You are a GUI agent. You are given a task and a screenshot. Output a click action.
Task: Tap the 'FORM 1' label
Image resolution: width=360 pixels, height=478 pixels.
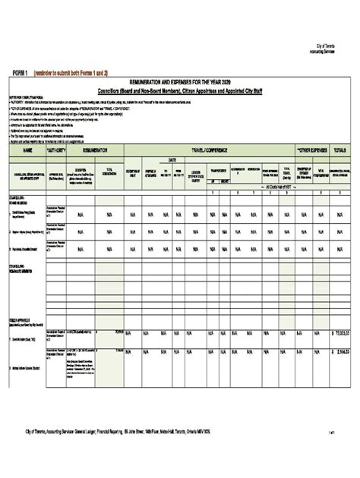(21, 71)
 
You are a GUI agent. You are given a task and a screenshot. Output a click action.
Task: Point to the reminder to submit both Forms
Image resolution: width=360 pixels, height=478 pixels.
(71, 71)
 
